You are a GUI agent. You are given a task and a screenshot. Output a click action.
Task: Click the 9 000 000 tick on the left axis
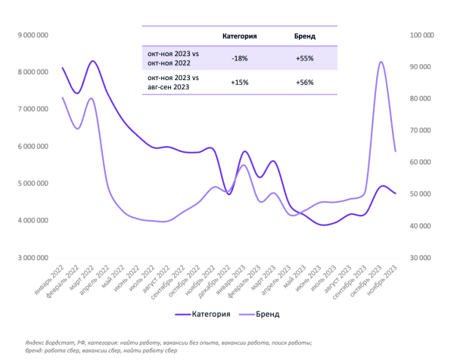coord(33,34)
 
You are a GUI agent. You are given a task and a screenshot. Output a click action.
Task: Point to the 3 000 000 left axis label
coord(33,257)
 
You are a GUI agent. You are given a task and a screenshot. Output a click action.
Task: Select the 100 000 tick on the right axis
coord(420,34)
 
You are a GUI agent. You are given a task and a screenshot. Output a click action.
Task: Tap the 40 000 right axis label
coord(420,225)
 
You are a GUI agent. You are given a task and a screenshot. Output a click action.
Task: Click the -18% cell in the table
coord(239,57)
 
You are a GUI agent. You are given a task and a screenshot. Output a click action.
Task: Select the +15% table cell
coord(239,82)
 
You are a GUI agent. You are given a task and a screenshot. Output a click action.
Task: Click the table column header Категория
coord(239,36)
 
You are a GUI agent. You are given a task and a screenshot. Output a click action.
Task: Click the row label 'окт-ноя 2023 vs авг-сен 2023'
coord(173,82)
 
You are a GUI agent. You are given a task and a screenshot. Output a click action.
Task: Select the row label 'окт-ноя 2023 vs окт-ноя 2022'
coord(173,57)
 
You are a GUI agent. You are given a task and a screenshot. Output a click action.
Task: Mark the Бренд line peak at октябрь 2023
coord(381,62)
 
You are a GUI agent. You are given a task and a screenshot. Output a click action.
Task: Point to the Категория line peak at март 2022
coord(92,61)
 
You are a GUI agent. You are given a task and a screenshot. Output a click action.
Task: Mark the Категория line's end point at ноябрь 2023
coord(395,194)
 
